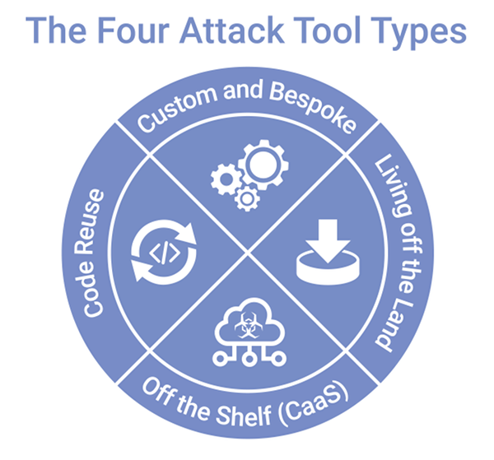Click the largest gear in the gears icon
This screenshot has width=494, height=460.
[x=259, y=165]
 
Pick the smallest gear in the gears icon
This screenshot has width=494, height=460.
[x=245, y=197]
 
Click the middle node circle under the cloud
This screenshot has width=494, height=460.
[x=247, y=362]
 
